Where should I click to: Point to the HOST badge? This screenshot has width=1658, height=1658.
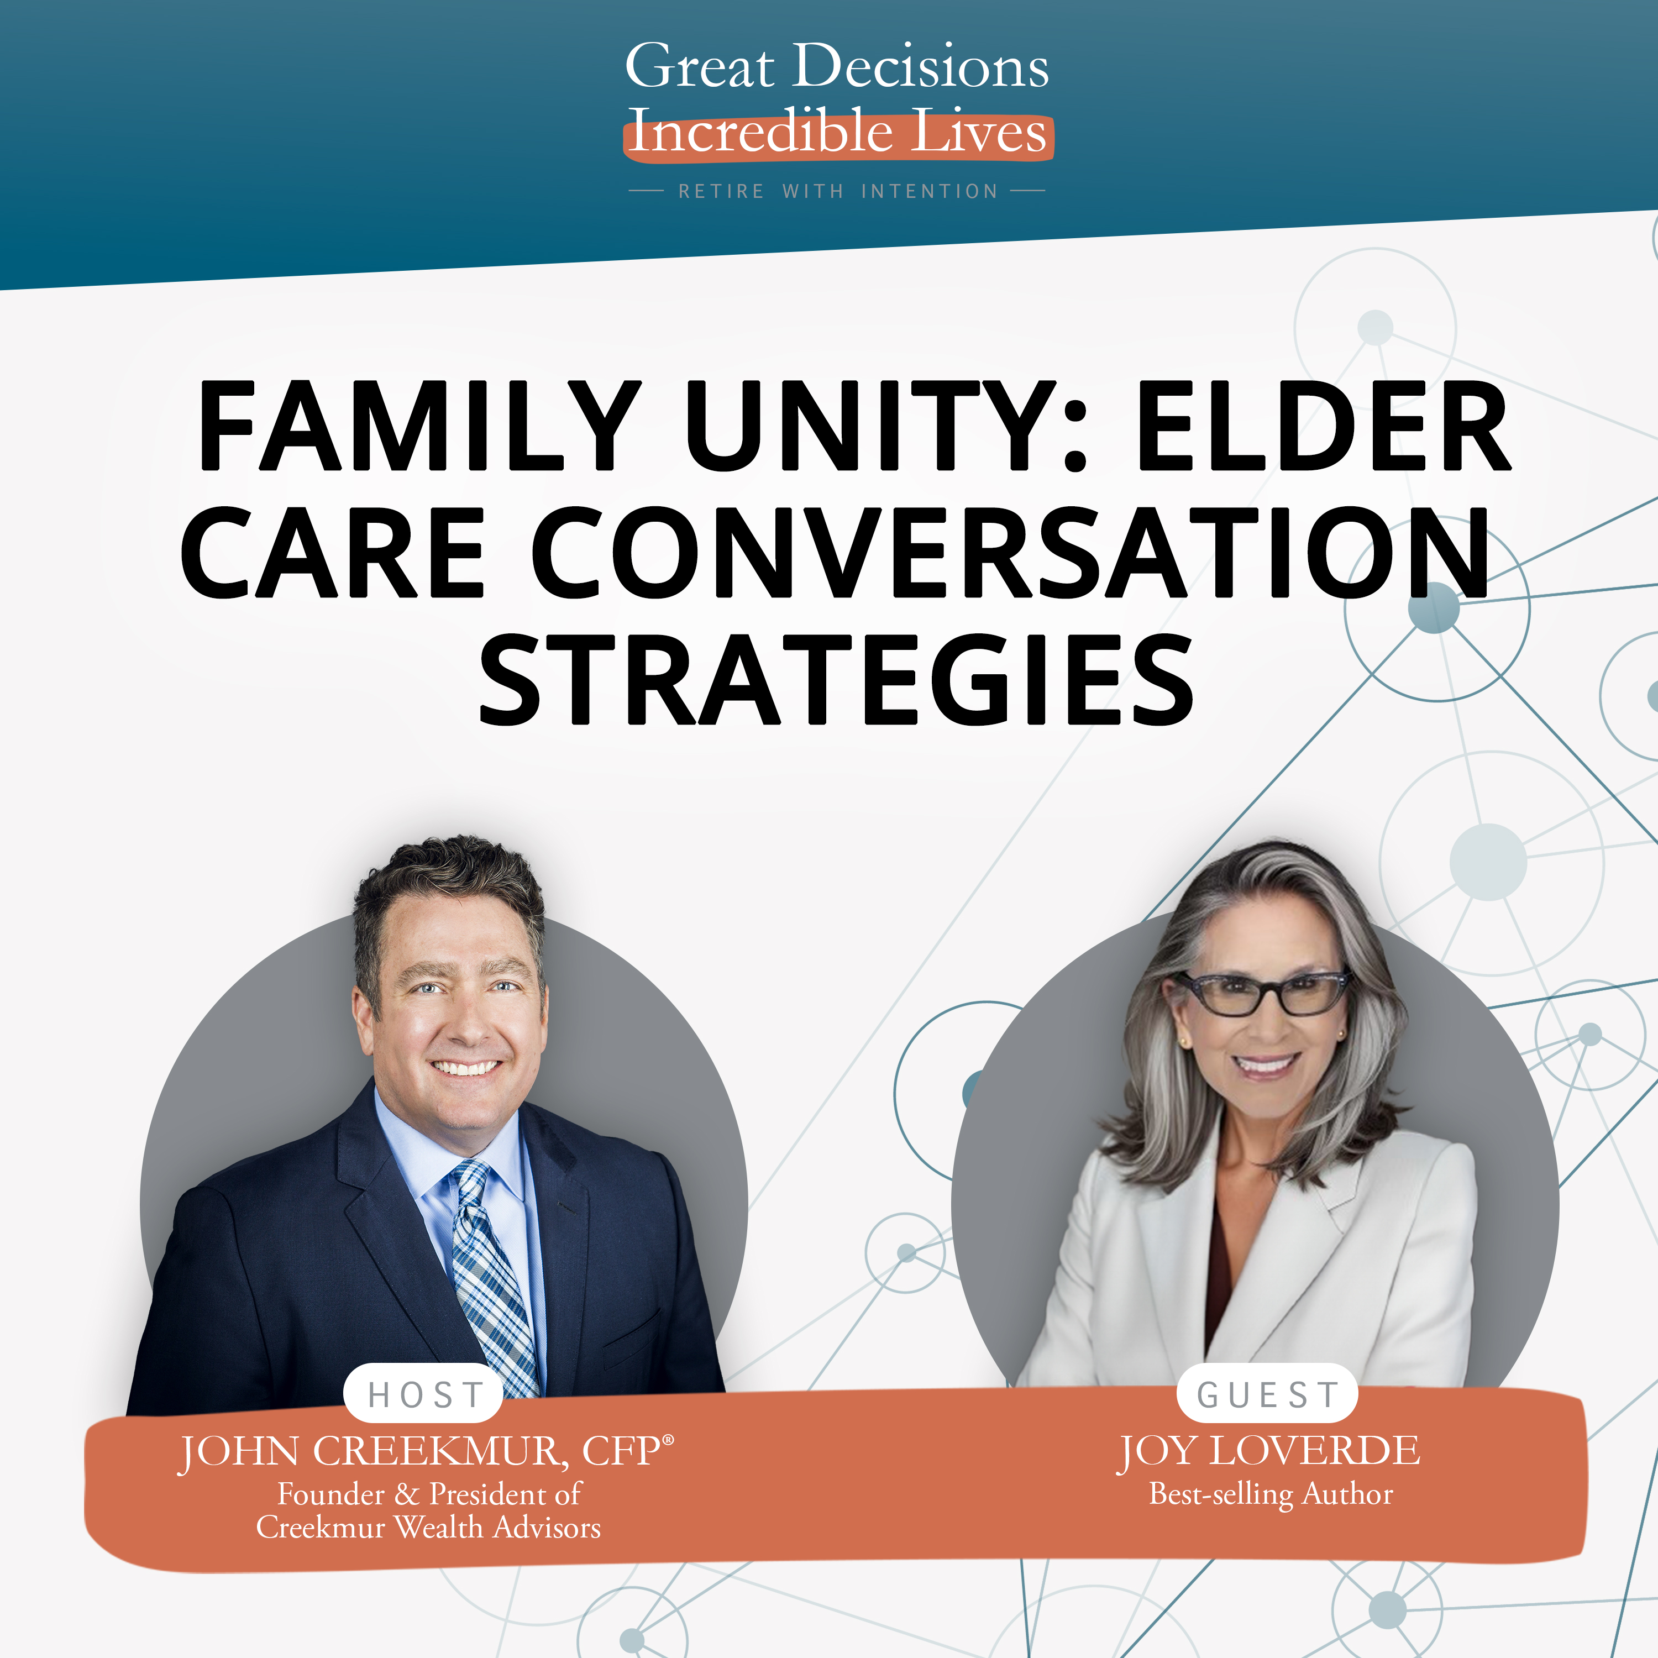pos(424,1394)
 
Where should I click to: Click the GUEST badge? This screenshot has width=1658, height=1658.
pos(1267,1394)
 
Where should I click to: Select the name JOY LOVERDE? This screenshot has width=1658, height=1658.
pos(1268,1451)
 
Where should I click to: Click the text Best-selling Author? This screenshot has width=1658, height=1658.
pos(1271,1494)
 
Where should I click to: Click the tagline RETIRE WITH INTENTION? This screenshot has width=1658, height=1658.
pos(838,191)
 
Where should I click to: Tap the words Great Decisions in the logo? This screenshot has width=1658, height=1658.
pos(837,66)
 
